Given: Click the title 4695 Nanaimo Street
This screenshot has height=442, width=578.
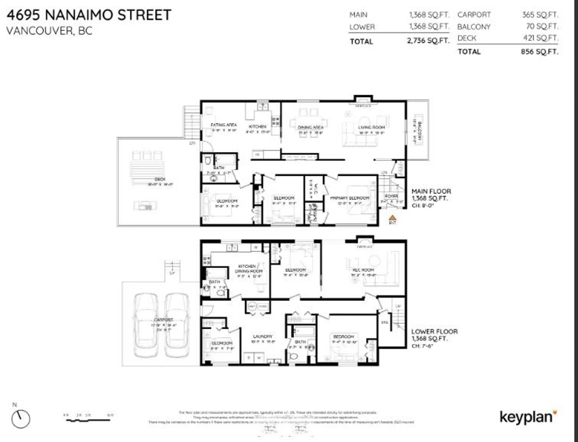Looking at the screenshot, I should [x=89, y=15].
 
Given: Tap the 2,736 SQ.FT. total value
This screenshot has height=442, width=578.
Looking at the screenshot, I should [x=428, y=41].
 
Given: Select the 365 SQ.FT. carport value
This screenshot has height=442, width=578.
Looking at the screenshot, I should [x=540, y=15].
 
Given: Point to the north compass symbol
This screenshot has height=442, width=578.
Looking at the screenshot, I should [x=21, y=419].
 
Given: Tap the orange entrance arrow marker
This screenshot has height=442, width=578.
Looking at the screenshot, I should [x=392, y=218].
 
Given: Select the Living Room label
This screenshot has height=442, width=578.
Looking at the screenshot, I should [x=371, y=127].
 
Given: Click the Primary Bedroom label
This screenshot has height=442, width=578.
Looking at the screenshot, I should [x=350, y=198].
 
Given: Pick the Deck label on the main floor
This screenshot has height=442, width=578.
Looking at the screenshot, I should [x=160, y=179].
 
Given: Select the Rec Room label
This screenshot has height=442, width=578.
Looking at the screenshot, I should [x=363, y=270].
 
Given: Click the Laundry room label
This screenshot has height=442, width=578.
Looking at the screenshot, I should [x=263, y=336].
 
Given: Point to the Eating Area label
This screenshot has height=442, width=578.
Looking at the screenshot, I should [x=223, y=125].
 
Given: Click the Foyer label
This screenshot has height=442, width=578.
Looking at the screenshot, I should [x=391, y=196].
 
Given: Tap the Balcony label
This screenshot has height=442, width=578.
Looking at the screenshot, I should [x=420, y=132].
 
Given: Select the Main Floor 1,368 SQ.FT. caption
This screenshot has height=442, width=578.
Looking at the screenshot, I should [x=431, y=195].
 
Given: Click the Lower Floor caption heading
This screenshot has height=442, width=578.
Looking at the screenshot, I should [x=434, y=331].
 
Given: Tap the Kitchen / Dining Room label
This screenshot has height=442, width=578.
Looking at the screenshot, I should [x=248, y=269].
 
